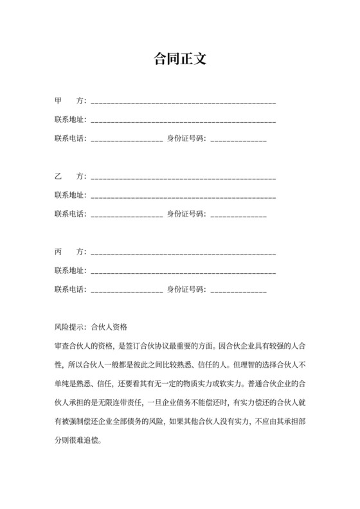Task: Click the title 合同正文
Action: pyautogui.click(x=180, y=59)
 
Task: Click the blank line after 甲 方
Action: pyautogui.click(x=184, y=103)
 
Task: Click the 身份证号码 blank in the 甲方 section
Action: pyautogui.click(x=239, y=140)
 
